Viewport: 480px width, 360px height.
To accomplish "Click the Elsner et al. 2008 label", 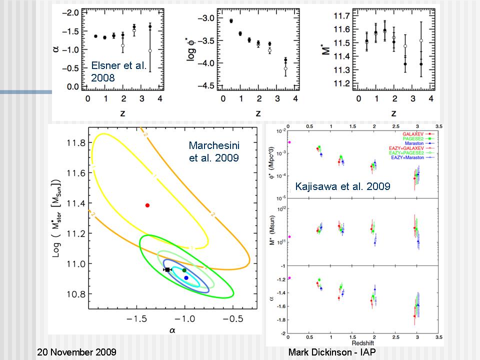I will [119, 71].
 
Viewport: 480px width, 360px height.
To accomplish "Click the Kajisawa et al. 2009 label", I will [343, 186].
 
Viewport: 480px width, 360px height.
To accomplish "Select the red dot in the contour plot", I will [147, 205].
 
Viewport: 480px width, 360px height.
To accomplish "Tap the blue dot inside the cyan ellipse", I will [186, 277].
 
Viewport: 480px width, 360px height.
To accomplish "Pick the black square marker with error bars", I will [167, 269].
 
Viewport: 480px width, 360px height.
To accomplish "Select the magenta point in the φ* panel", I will [289, 142].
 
